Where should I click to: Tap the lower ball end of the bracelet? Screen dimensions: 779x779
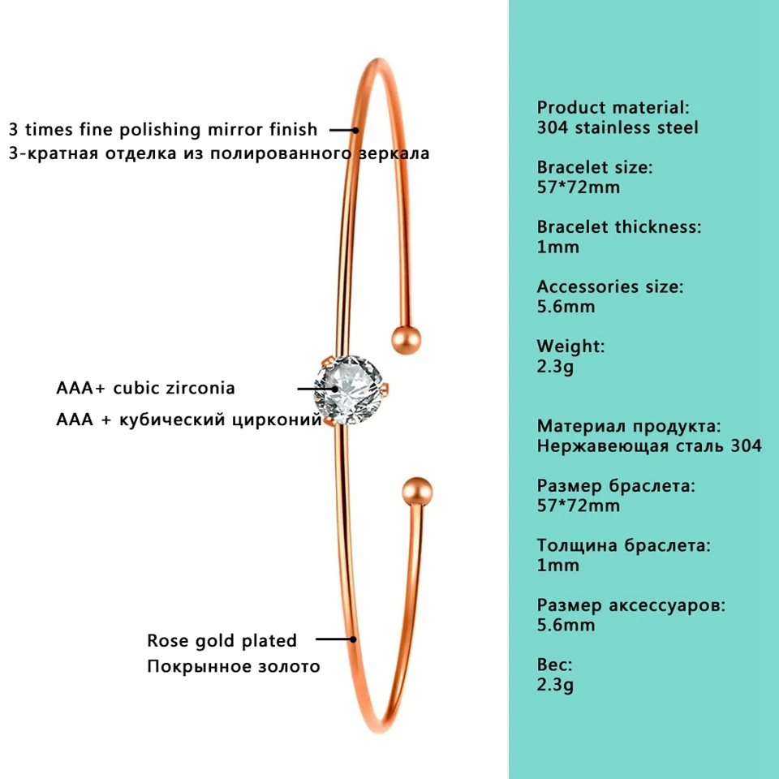tap(417, 492)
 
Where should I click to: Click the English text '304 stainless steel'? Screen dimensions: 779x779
tap(618, 127)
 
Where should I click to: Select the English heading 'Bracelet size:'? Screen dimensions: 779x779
tap(595, 167)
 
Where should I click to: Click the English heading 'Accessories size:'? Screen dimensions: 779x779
tap(610, 286)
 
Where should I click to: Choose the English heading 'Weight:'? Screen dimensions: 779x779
tap(570, 346)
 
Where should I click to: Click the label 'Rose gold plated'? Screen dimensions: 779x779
tap(222, 640)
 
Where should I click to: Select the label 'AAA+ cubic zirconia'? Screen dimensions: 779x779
tap(145, 388)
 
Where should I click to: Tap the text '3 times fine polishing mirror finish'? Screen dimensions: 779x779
tap(163, 129)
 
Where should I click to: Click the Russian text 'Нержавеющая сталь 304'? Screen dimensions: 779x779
tap(649, 445)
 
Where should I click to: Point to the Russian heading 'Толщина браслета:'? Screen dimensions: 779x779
tap(623, 545)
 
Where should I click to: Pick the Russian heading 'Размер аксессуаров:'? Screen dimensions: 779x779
tap(631, 605)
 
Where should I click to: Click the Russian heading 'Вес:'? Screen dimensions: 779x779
tap(555, 665)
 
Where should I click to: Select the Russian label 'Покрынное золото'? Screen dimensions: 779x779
tap(234, 666)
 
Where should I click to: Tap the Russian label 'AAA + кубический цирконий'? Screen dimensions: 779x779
tap(188, 420)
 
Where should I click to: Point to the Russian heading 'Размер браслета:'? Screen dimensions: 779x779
tap(616, 486)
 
